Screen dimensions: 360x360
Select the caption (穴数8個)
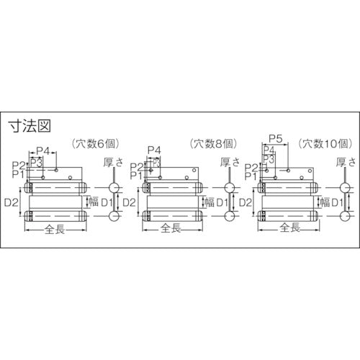tap(213, 143)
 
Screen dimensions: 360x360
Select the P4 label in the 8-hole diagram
tap(154, 151)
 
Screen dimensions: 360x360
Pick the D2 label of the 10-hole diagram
tap(243, 204)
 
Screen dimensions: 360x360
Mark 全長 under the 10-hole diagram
tap(288, 229)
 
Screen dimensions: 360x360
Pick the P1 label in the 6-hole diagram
tap(19, 174)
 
